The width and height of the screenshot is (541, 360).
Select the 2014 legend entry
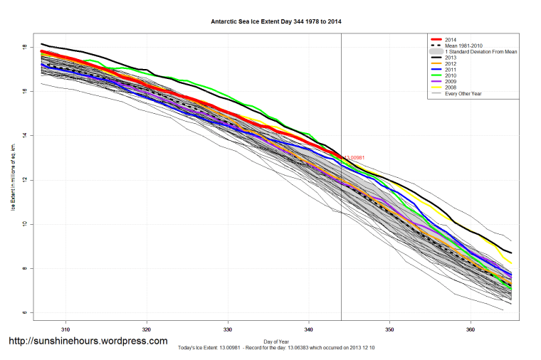pyautogui.click(x=449, y=39)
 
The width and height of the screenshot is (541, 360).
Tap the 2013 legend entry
pyautogui.click(x=449, y=58)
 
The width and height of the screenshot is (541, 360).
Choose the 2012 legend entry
pyautogui.click(x=449, y=65)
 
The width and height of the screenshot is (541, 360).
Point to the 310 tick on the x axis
pyautogui.click(x=65, y=330)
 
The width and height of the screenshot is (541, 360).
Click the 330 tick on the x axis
pyautogui.click(x=228, y=330)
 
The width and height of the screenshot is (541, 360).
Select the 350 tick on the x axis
pyautogui.click(x=390, y=330)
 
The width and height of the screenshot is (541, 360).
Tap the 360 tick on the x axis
pyautogui.click(x=471, y=330)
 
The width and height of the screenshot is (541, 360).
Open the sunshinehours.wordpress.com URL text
pyautogui.click(x=88, y=342)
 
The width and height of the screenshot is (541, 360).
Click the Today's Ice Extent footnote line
pyautogui.click(x=277, y=348)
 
